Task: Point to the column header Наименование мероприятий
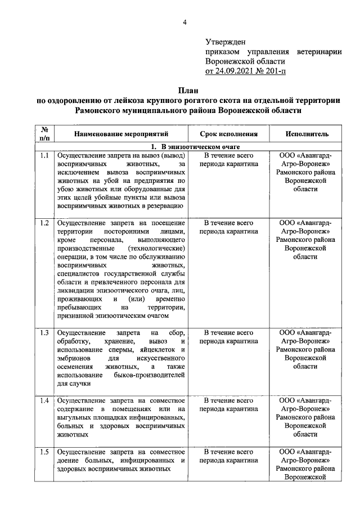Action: pyautogui.click(x=120, y=134)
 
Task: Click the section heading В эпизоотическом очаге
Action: pyautogui.click(x=188, y=147)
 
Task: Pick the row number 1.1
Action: pyautogui.click(x=44, y=155)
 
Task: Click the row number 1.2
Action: pyautogui.click(x=44, y=223)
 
